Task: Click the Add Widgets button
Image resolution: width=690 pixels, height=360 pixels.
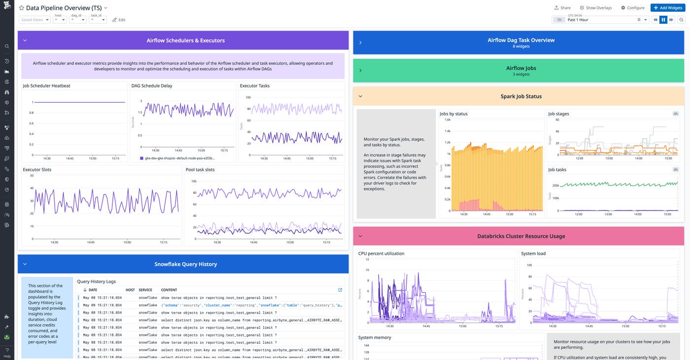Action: [x=667, y=8]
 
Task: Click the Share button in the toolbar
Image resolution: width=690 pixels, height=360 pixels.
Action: [x=562, y=8]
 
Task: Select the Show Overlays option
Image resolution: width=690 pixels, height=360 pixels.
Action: [x=595, y=8]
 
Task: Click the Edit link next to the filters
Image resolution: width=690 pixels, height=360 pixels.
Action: [x=119, y=20]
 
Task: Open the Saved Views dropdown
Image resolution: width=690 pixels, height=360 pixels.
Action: [x=34, y=20]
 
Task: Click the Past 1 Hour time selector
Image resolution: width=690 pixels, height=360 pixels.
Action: [x=601, y=20]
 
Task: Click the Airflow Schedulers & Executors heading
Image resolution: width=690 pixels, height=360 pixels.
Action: [x=185, y=40]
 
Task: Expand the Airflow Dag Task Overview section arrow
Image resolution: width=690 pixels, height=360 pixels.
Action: [x=360, y=43]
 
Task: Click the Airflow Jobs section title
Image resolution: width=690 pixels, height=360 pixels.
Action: [x=521, y=68]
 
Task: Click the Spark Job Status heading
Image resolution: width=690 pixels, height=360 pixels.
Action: [x=521, y=96]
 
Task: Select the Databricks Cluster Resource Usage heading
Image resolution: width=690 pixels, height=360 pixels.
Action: [x=521, y=236]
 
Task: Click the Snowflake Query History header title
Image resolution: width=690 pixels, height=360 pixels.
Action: [x=185, y=264]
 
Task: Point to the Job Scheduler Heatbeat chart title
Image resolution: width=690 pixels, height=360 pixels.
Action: [x=46, y=86]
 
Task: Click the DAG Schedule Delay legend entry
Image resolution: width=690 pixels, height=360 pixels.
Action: [x=179, y=159]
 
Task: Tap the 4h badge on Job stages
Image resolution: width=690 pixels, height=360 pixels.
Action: [x=675, y=114]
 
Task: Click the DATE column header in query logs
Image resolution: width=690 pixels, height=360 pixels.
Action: [x=93, y=290]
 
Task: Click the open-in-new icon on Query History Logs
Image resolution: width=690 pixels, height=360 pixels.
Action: [x=340, y=290]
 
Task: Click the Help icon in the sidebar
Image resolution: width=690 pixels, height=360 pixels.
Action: [x=7, y=351]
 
